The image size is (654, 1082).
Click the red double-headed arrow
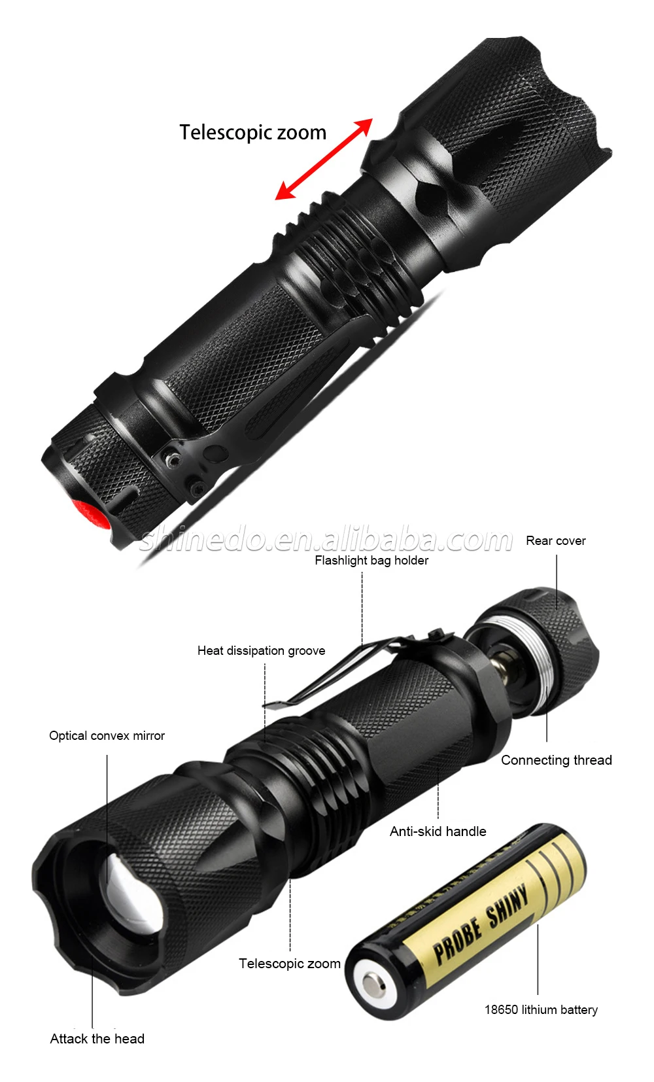coord(324,159)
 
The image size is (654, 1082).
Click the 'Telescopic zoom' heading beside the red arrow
coord(252,132)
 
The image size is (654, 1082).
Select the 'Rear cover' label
coord(555,540)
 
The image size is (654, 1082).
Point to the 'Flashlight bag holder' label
coord(371,561)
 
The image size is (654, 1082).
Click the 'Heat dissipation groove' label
coord(262,651)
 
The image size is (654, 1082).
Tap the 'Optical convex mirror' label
coord(107,736)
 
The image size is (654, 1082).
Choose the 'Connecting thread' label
coord(557,760)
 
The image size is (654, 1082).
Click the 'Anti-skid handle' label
coord(438,831)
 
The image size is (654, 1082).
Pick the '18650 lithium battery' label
coord(541,1009)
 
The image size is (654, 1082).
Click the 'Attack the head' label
coord(97,1039)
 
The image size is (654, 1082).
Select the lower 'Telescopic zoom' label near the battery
coord(290,964)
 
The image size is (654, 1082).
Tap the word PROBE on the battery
coord(457,939)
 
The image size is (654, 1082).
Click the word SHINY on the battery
coord(507,904)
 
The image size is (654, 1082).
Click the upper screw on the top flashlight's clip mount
coord(171,459)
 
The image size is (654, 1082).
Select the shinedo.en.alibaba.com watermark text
coord(326,540)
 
